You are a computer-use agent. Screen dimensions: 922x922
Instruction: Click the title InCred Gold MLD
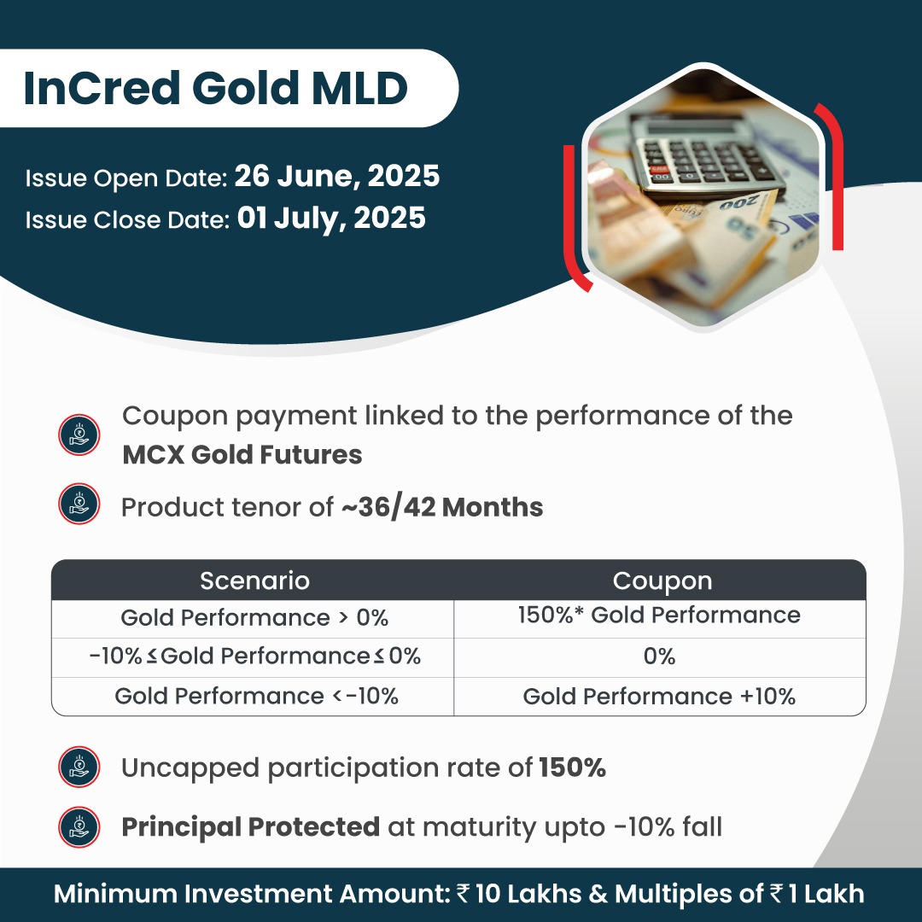pyautogui.click(x=216, y=88)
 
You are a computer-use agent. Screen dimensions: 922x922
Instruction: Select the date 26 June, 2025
pyautogui.click(x=337, y=176)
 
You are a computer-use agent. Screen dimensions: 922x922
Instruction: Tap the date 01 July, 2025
pyautogui.click(x=331, y=219)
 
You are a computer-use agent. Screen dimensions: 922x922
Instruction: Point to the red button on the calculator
pyautogui.click(x=658, y=169)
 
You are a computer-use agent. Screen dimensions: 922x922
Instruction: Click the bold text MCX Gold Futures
pyautogui.click(x=242, y=454)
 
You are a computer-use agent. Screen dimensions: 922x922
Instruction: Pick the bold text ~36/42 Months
pyautogui.click(x=442, y=507)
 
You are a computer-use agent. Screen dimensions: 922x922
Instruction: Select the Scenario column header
pyautogui.click(x=254, y=581)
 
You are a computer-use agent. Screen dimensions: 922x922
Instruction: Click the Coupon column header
pyautogui.click(x=662, y=581)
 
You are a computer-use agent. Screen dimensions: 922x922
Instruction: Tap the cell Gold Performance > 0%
pyautogui.click(x=254, y=617)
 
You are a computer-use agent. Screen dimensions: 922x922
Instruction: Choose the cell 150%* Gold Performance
pyautogui.click(x=659, y=615)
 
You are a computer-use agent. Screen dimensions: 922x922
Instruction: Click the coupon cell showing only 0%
pyautogui.click(x=659, y=656)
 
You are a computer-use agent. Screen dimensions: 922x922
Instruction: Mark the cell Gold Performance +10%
pyautogui.click(x=659, y=697)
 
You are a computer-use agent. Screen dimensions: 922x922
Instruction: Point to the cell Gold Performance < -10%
pyautogui.click(x=256, y=696)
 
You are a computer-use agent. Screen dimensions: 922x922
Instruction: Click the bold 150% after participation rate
pyautogui.click(x=572, y=767)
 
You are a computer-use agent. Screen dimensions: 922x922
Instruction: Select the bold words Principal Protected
pyautogui.click(x=250, y=826)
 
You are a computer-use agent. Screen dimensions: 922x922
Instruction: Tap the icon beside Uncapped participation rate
pyautogui.click(x=79, y=767)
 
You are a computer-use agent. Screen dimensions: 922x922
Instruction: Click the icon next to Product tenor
pyautogui.click(x=79, y=504)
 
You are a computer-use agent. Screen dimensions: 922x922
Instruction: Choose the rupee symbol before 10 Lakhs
pyautogui.click(x=464, y=894)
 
